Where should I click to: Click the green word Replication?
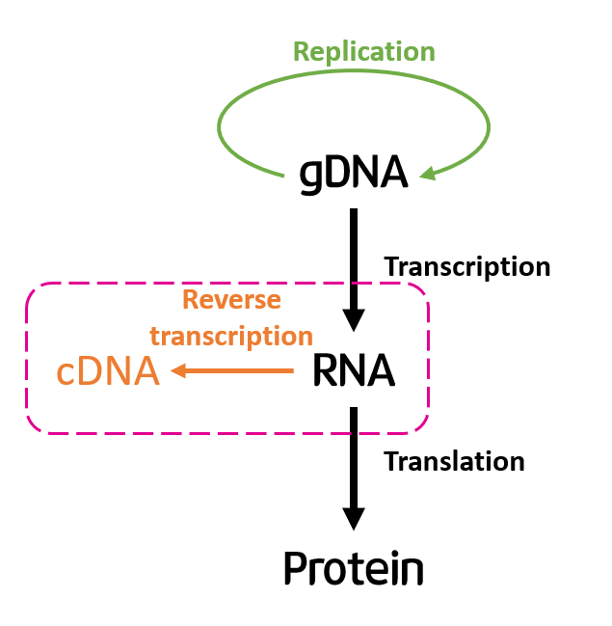pyautogui.click(x=363, y=50)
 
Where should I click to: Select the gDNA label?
pyautogui.click(x=354, y=173)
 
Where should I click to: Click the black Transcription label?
pyautogui.click(x=467, y=266)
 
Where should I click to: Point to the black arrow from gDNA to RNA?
pyautogui.click(x=354, y=260)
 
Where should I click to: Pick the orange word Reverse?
pyautogui.click(x=231, y=300)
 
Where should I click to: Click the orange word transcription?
pyautogui.click(x=231, y=336)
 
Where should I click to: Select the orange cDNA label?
pyautogui.click(x=107, y=371)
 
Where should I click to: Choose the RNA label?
pyautogui.click(x=354, y=371)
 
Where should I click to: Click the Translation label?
pyautogui.click(x=454, y=461)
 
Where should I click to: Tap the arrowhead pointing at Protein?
pyautogui.click(x=354, y=519)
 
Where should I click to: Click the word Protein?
pyautogui.click(x=354, y=569)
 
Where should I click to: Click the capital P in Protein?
pyautogui.click(x=296, y=568)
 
